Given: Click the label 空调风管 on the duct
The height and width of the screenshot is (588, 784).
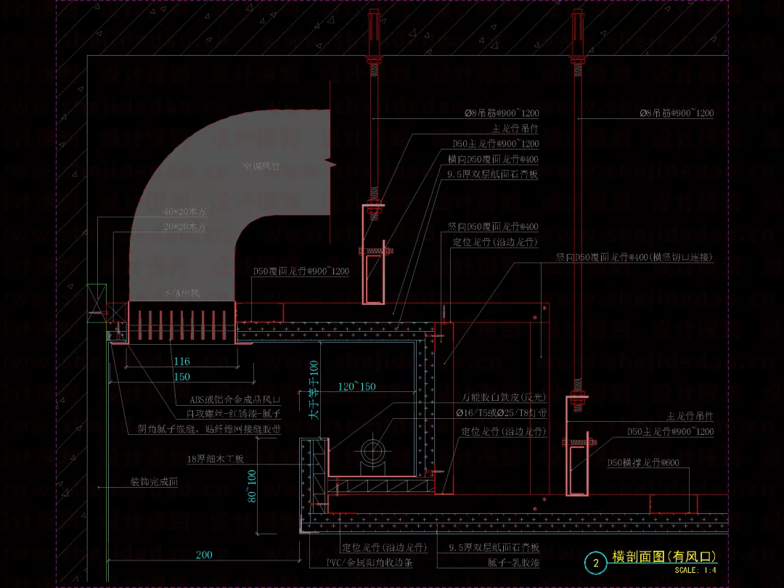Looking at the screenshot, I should coord(261,167).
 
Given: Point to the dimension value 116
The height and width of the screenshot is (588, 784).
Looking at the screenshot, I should coord(181,362).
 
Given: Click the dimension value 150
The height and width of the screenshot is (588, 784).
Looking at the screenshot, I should coord(181,377).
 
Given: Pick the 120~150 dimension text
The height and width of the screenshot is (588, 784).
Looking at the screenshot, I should coord(356,387).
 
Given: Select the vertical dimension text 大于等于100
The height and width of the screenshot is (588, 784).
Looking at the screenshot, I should coord(314,390).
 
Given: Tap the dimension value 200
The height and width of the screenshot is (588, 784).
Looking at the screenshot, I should coord(204,555).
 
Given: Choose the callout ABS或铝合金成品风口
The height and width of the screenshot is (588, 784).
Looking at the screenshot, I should coord(234,400).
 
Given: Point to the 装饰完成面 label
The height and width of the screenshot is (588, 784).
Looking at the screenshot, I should coord(154,482).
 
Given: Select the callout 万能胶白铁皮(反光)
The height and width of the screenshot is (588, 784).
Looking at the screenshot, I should coord(504,398).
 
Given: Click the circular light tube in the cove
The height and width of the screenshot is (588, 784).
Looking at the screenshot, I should coord(374,452).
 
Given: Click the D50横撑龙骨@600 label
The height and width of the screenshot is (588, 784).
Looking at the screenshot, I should coord(643,462).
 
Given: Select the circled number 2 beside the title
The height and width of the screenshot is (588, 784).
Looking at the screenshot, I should coord(596,563).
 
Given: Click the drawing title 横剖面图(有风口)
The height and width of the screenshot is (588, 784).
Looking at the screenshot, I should coord(664,557).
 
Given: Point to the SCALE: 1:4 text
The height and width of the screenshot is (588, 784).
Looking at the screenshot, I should coord(695,571).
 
